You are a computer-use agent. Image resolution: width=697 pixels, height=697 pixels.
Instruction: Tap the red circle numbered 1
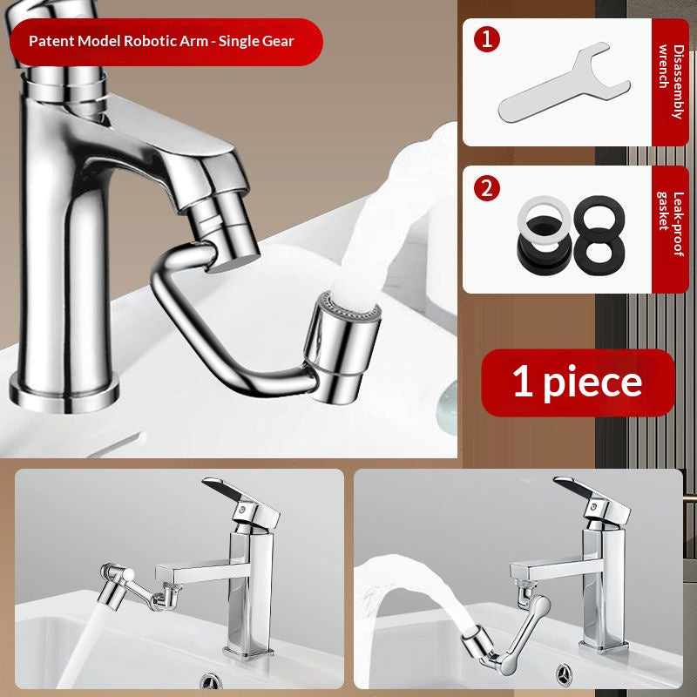click(x=486, y=40)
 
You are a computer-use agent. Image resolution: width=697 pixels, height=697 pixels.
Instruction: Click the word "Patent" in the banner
click(x=51, y=41)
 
